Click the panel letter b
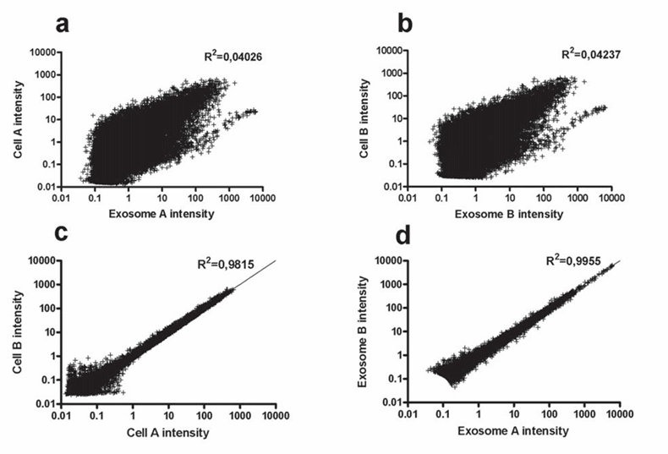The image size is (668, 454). (405, 25)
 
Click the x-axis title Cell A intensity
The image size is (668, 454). (168, 432)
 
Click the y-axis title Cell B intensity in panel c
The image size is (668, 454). (16, 331)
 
